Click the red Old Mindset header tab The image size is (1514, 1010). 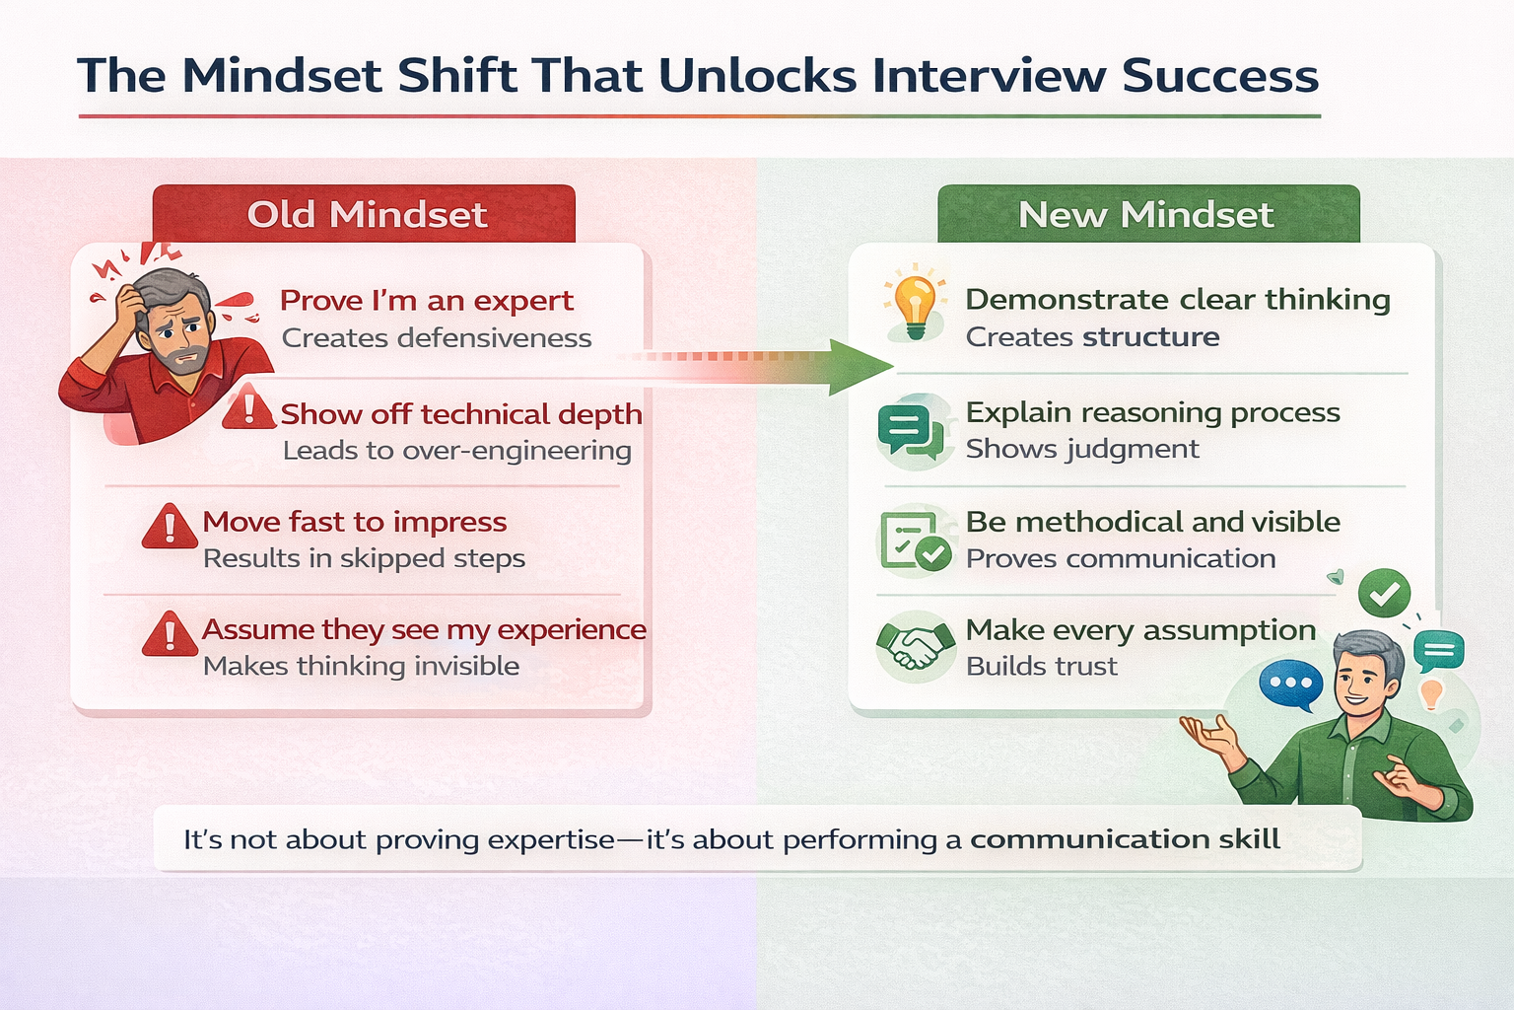coord(364,214)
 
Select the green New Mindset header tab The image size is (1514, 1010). coord(1147,214)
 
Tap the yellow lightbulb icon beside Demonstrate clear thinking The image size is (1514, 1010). coord(914,303)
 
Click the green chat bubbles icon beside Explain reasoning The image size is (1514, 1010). coord(911,431)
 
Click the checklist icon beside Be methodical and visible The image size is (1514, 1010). coord(915,540)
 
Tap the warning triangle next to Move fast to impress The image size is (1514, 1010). coord(170,527)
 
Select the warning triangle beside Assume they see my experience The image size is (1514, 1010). coord(170,634)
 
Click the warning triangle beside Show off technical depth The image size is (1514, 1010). coord(248,407)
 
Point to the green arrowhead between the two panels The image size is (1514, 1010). coord(858,367)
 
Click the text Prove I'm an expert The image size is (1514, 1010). coord(426,300)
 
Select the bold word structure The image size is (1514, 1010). coord(1150,337)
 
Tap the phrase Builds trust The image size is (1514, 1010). coord(1041,667)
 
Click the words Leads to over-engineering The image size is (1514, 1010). coord(456,451)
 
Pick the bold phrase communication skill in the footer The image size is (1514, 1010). coord(1125,839)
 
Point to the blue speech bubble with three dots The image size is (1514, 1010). coord(1290,684)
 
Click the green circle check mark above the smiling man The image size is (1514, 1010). coord(1384,593)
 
